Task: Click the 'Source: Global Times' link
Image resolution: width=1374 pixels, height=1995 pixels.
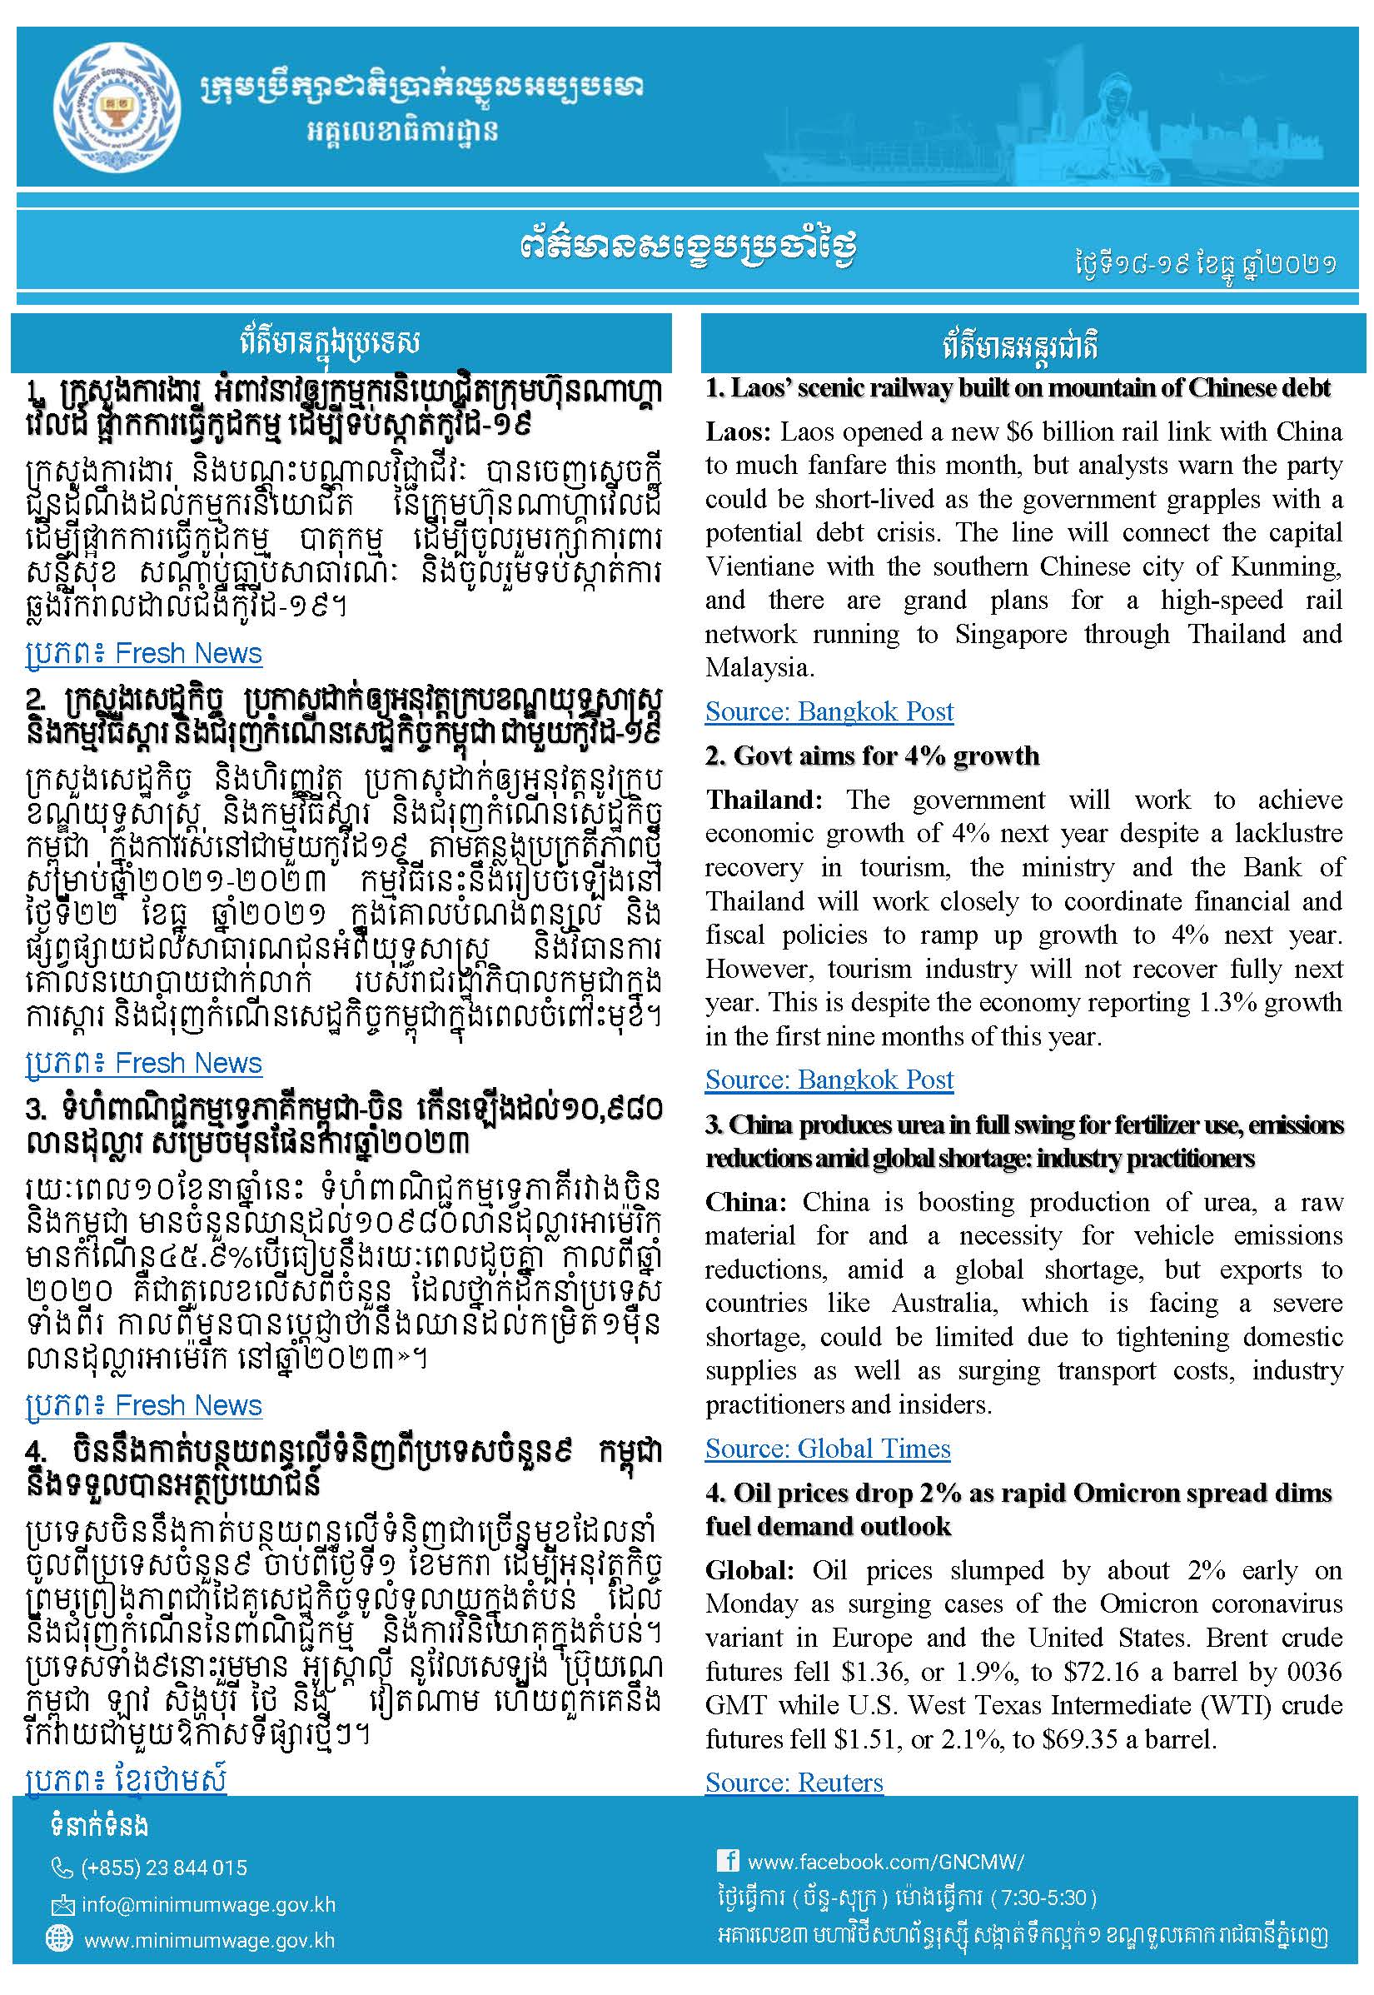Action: coord(828,1449)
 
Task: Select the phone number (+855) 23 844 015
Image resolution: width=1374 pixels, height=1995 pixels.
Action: coord(163,1868)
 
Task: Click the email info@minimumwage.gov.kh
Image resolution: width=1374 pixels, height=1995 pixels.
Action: coord(208,1904)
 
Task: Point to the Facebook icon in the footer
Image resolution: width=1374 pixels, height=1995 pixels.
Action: coord(728,1861)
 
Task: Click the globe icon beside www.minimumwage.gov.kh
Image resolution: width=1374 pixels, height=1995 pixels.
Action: coord(59,1939)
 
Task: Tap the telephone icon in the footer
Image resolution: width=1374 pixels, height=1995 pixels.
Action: coord(62,1868)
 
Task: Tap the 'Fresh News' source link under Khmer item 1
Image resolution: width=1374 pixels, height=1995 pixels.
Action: coord(187,654)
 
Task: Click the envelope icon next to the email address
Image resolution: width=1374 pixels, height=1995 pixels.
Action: coord(62,1904)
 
